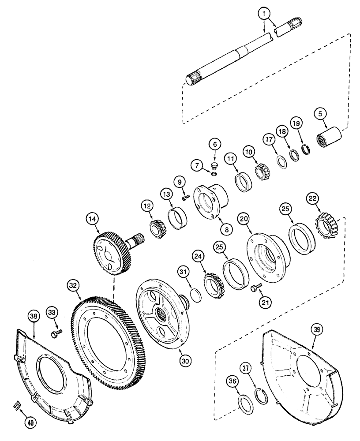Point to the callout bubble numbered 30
pyautogui.click(x=186, y=359)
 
